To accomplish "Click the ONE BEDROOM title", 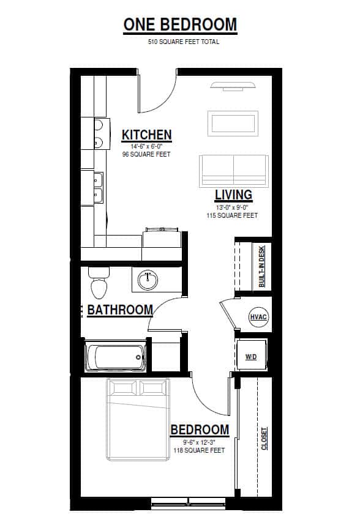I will click(x=180, y=24).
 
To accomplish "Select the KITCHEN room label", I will click(x=146, y=135).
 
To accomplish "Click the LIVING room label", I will click(x=233, y=195).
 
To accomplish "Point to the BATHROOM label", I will click(x=119, y=310).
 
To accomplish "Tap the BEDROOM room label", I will click(x=200, y=429).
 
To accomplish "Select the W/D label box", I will click(x=251, y=356).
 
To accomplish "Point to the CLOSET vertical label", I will click(x=264, y=439).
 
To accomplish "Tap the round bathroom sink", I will click(x=148, y=280).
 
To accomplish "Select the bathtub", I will click(x=116, y=357).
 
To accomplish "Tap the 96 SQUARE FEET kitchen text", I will click(x=146, y=155).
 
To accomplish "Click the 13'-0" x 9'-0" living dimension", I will click(x=232, y=207).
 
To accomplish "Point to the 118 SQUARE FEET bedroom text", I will click(x=198, y=450).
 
